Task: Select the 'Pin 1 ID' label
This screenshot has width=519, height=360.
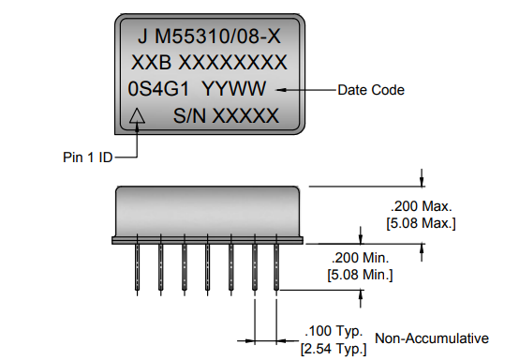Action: (x=81, y=157)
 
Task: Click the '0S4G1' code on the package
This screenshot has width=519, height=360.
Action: (x=159, y=90)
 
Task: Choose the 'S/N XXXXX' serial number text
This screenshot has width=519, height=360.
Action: (x=227, y=116)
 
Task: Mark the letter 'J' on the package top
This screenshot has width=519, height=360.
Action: (x=142, y=37)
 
